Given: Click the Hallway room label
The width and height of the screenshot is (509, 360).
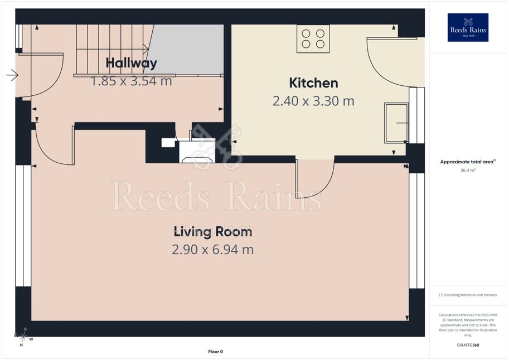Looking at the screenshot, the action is (x=132, y=63).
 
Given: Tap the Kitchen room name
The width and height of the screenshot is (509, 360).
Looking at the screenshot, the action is (x=313, y=83).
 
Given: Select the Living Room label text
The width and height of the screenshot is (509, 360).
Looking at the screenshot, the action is (x=213, y=232).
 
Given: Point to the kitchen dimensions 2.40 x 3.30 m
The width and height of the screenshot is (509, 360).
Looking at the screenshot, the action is (x=313, y=101).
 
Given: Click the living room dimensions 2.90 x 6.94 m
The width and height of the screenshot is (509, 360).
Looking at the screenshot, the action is (x=212, y=250).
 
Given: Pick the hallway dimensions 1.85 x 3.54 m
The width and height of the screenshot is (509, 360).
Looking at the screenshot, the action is (x=131, y=81).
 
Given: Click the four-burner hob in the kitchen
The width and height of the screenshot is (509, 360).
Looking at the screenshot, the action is (x=313, y=38).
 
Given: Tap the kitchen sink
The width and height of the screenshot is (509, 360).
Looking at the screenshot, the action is (x=396, y=123).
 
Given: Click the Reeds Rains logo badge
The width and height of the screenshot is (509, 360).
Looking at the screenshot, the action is (x=468, y=28).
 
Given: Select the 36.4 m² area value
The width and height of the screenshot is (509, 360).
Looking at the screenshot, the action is (x=468, y=170).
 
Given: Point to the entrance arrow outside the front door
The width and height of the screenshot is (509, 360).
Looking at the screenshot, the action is (x=12, y=75).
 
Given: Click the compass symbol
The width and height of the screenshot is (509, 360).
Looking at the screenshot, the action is (x=24, y=337).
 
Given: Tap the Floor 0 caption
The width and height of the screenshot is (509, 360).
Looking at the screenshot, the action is (x=216, y=352).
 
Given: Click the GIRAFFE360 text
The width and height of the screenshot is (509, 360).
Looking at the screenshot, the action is (x=468, y=345).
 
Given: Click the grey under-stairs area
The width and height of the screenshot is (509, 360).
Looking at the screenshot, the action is (x=185, y=50).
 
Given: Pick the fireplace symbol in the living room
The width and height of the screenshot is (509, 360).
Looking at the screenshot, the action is (x=197, y=151).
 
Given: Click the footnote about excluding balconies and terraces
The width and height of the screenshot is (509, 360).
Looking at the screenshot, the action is (x=468, y=295).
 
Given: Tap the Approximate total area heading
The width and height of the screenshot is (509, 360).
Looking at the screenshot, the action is (x=468, y=162).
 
